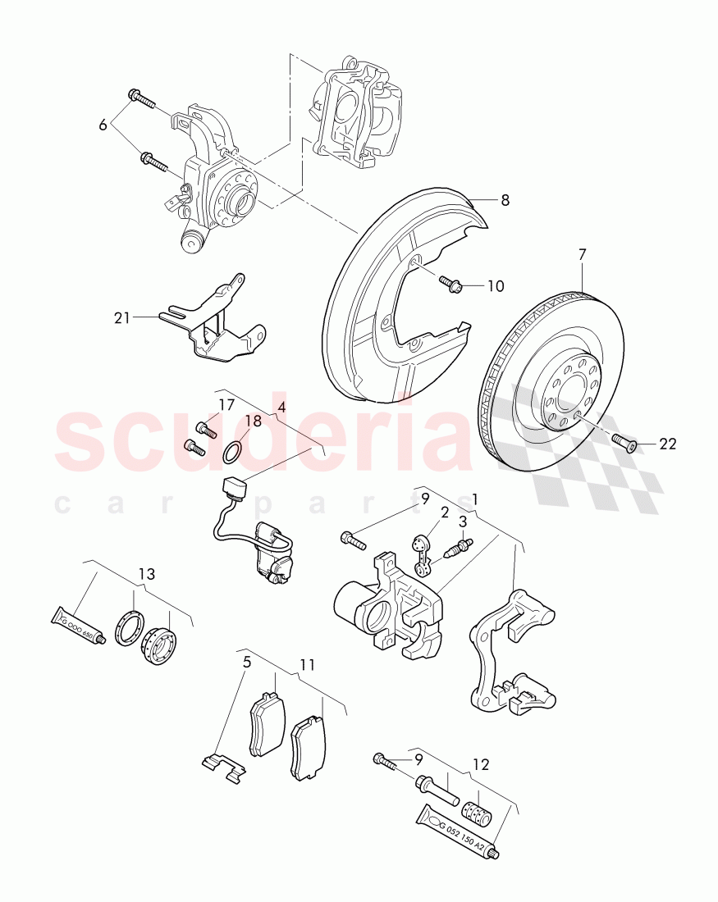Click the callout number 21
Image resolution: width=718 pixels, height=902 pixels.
[x=122, y=317]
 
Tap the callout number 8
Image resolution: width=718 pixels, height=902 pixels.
[x=505, y=199]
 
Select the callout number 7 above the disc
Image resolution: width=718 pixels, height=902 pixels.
[x=582, y=255]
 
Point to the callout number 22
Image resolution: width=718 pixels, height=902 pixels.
[x=668, y=444]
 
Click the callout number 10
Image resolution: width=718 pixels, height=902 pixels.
[x=496, y=286]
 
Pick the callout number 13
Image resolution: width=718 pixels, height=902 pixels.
[x=146, y=573]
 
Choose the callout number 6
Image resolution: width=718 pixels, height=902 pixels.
[x=103, y=125]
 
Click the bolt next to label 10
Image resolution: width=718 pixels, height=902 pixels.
[x=451, y=284]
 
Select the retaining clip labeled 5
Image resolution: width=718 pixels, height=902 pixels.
[x=224, y=767]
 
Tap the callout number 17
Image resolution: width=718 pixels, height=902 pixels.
[x=226, y=404]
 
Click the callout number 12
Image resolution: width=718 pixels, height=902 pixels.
[x=480, y=764]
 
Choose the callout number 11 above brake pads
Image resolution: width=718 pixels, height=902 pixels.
[x=307, y=663]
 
